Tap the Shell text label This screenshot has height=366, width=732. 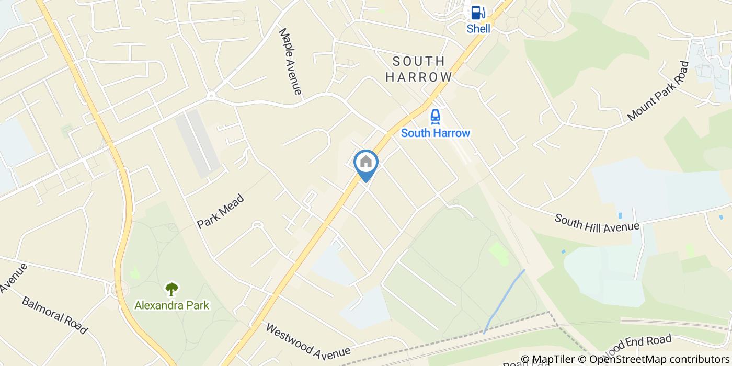[478, 29]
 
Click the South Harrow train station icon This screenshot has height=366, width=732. [435, 116]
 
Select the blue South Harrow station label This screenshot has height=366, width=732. [436, 133]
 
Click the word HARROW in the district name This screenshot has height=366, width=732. [419, 77]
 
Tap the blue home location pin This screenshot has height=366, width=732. [366, 163]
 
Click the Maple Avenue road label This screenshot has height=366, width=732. [291, 61]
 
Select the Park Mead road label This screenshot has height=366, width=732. [221, 211]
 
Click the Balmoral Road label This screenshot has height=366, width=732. [54, 315]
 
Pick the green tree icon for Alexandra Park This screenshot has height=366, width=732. [171, 289]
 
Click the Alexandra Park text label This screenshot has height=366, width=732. [171, 305]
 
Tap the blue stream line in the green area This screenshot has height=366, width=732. [505, 301]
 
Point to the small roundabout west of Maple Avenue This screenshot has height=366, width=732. [211, 96]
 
